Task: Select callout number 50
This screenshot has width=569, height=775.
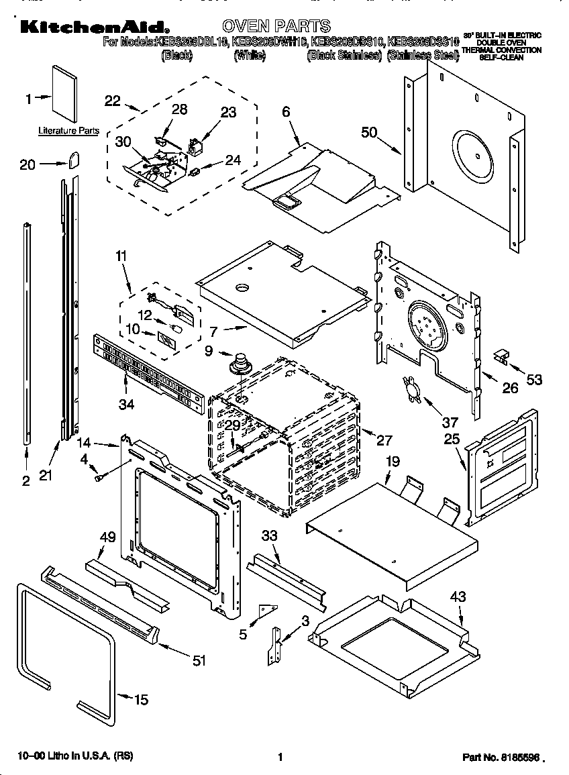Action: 370,132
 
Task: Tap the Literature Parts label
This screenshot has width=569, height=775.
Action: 68,131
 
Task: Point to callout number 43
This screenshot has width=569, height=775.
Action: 458,597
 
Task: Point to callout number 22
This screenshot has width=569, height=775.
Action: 113,101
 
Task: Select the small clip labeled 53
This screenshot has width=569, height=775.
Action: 501,356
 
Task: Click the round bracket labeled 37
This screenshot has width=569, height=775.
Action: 411,390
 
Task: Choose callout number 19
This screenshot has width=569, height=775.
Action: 393,461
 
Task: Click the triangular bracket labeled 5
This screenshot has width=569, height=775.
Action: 268,610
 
